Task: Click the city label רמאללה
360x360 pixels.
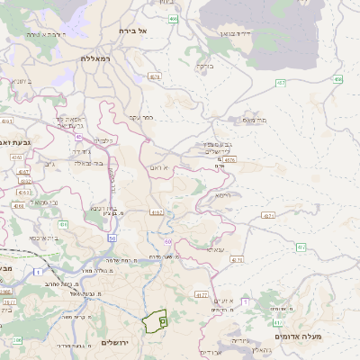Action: coord(94,58)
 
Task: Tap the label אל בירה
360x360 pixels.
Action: coord(132,31)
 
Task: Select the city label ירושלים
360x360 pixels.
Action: coord(116,343)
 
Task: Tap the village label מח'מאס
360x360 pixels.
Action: coord(256,119)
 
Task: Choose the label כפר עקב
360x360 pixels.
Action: coord(141,116)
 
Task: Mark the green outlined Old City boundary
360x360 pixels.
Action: coord(156,319)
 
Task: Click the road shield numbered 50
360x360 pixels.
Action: coord(112,238)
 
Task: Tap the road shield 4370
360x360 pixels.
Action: coord(237,259)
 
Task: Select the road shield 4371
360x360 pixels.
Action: coord(268,216)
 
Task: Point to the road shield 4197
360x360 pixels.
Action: coord(157,212)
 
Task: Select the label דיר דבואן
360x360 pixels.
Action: coord(233,32)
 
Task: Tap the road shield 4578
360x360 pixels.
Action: coord(229,160)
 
